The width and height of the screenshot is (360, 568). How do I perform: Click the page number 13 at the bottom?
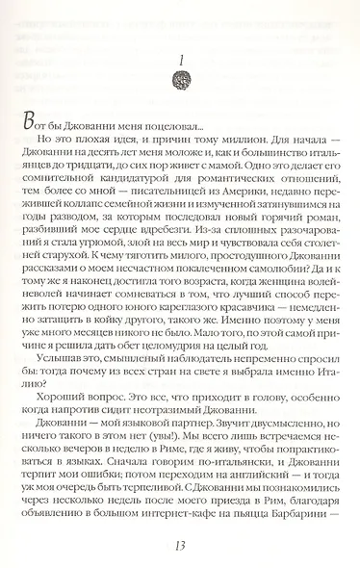click(180, 540)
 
